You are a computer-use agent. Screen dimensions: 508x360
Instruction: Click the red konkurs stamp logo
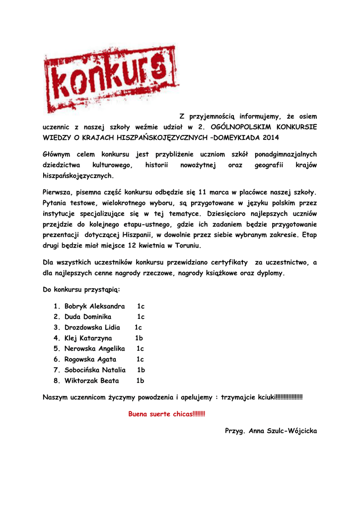pos(111,79)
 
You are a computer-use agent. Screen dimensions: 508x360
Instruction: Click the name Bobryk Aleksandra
pos(94,306)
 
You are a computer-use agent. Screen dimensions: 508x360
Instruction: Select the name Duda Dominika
pos(88,317)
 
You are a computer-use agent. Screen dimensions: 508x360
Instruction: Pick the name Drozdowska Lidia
pos(92,327)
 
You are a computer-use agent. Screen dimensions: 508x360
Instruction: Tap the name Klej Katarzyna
pos(88,338)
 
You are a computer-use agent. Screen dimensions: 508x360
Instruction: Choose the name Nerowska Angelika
pos(94,349)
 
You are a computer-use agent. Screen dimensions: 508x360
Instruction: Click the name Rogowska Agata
pos(90,359)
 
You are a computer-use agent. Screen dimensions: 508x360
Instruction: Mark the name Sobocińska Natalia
pos(95,370)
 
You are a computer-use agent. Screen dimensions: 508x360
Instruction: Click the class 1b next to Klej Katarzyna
pos(139,338)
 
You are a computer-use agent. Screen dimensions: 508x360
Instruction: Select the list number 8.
pos(56,381)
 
